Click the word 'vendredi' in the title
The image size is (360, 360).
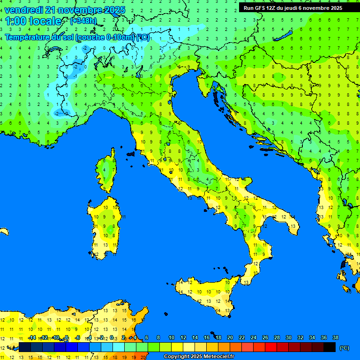click(24, 9)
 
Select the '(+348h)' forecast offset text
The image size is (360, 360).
click(83, 21)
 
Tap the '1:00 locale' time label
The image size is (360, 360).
click(33, 21)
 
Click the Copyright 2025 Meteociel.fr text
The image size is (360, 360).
click(199, 356)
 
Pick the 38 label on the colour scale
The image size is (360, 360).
click(335, 337)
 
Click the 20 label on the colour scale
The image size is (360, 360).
click(230, 337)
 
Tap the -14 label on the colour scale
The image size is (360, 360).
click(32, 337)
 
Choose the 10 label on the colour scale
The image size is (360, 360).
click(171, 337)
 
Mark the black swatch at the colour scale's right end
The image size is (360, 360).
click(330, 347)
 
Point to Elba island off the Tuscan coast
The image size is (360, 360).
click(130, 153)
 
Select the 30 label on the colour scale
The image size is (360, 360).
click(288, 337)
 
